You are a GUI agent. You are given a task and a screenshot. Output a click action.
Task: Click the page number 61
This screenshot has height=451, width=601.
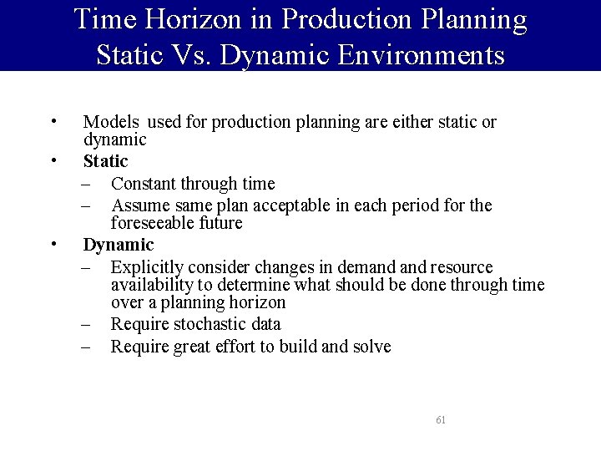click(x=441, y=420)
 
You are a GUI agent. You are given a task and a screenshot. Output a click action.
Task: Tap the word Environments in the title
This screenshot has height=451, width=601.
click(x=422, y=55)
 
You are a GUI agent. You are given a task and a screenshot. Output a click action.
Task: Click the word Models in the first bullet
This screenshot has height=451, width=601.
click(x=111, y=122)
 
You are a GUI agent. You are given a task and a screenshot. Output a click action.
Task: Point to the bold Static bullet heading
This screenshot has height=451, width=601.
click(x=105, y=160)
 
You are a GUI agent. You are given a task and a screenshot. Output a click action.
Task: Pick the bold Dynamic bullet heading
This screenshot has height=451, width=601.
click(x=119, y=245)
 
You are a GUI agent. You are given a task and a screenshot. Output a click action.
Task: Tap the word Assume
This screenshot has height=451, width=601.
click(x=139, y=205)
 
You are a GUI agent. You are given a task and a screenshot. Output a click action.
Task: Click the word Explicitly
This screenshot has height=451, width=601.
click(x=147, y=267)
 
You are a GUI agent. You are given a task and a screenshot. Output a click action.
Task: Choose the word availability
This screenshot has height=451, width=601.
click(x=149, y=285)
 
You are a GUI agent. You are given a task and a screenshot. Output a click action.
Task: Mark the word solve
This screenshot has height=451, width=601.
click(x=371, y=347)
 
